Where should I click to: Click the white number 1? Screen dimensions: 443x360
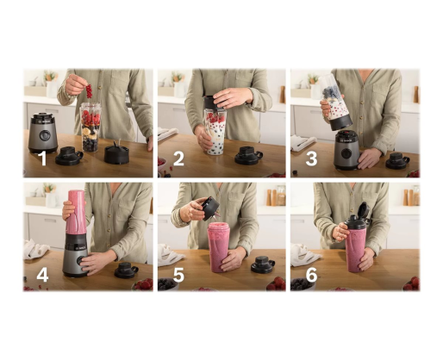point(42,158)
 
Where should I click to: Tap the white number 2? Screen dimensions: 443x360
point(178,158)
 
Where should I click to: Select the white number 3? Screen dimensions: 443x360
point(311,158)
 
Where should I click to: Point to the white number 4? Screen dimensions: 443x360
point(42,275)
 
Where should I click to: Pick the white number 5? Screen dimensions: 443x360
point(178,275)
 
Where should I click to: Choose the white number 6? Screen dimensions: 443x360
point(311,275)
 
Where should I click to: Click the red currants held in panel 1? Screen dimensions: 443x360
point(89,90)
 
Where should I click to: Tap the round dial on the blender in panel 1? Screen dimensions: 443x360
point(45,135)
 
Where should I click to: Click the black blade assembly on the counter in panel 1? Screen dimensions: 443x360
point(116,153)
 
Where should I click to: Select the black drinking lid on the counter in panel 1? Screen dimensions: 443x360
point(69,156)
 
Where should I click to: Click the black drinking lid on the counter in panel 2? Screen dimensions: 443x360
point(248,155)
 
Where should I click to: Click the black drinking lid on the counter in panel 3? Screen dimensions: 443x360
point(397,161)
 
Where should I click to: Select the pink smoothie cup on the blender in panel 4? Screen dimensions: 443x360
point(76,212)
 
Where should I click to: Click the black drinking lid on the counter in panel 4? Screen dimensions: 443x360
point(126,270)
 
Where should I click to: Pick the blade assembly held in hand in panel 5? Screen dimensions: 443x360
point(210,208)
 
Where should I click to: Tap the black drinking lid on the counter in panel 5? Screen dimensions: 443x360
point(263,264)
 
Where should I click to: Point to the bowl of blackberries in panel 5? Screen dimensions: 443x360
point(167,284)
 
